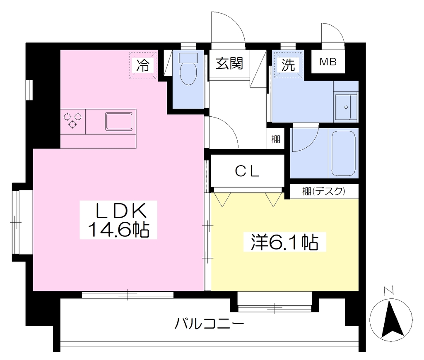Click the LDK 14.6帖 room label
(x=118, y=219)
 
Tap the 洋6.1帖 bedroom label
(x=284, y=242)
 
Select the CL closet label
(x=247, y=171)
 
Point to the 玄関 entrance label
(x=229, y=63)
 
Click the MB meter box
(x=328, y=62)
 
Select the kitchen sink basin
(x=119, y=121)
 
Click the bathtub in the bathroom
(x=343, y=153)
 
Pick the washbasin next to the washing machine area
(x=346, y=107)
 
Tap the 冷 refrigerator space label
(x=142, y=65)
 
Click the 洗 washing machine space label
(x=288, y=65)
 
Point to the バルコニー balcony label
(x=209, y=323)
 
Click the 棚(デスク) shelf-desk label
(x=324, y=191)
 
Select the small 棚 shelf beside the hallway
(x=275, y=139)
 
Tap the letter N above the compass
(x=388, y=290)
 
